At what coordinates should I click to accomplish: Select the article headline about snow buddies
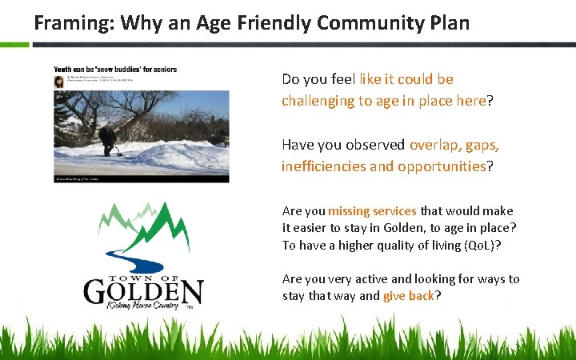115,69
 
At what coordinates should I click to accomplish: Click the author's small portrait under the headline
58,82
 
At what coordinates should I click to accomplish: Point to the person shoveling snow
106,140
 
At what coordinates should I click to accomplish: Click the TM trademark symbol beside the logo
190,307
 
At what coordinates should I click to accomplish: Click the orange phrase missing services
372,211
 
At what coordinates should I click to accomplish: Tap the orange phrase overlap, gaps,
454,145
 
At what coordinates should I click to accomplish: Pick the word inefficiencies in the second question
321,166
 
